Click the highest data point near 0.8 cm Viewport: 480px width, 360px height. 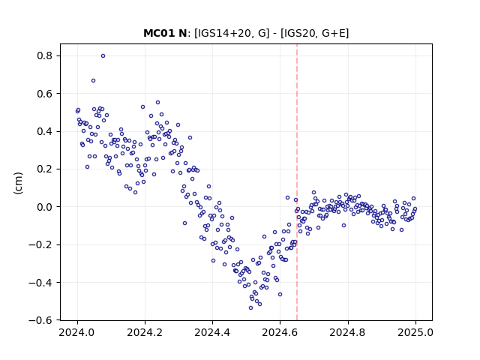click(x=103, y=56)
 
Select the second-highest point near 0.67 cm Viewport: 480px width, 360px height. click(x=93, y=81)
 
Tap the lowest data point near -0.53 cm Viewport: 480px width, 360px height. click(x=250, y=308)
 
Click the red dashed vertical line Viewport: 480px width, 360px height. click(x=297, y=182)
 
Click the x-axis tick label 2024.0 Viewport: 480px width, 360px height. click(x=77, y=332)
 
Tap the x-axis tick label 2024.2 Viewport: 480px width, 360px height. click(x=145, y=332)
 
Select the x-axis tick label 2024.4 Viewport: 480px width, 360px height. click(x=212, y=332)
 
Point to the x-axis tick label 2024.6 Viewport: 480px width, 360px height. click(x=280, y=332)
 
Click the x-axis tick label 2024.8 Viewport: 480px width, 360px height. click(x=348, y=332)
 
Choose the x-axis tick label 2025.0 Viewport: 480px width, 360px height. click(x=415, y=332)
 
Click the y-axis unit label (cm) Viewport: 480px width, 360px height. click(x=18, y=183)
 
